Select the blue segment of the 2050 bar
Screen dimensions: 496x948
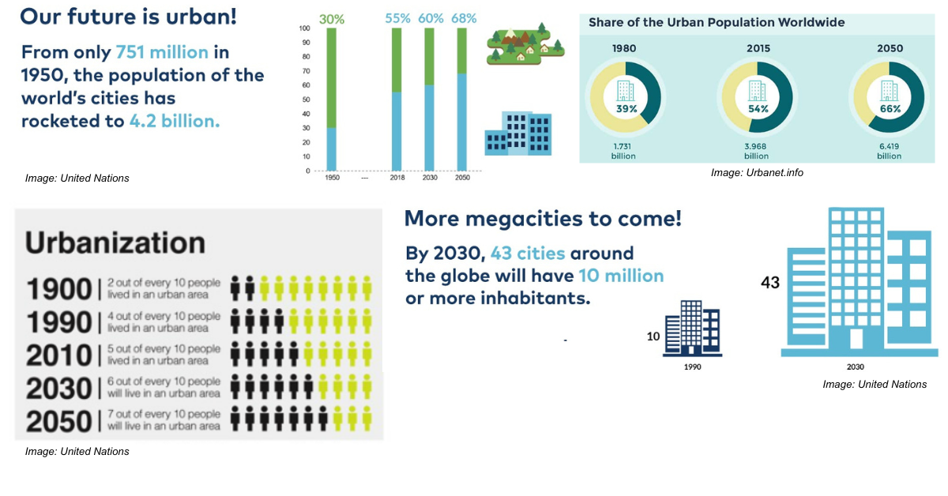[462, 122]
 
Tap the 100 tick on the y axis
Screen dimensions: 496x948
[305, 28]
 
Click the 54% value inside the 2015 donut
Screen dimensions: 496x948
[758, 108]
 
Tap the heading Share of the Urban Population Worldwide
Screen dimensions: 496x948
[717, 22]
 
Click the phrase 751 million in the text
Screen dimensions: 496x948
[162, 53]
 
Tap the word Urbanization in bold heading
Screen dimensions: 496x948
[115, 242]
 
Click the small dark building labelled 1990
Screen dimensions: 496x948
[692, 327]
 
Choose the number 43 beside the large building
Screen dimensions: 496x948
[770, 282]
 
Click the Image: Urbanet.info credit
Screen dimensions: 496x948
[756, 172]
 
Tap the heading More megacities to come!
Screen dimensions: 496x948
[543, 219]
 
